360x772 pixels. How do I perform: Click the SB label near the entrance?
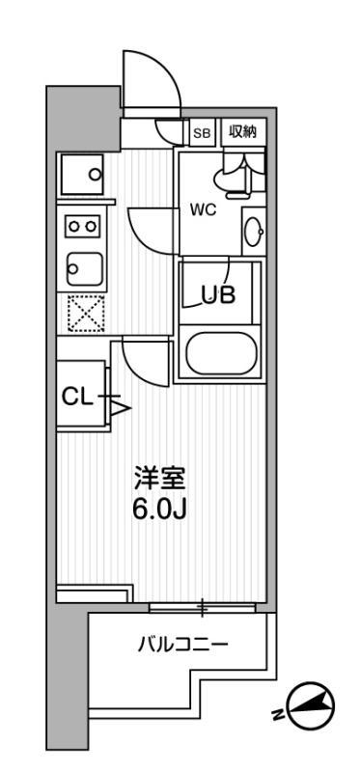pos(203,133)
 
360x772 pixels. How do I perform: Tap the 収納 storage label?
pos(242,133)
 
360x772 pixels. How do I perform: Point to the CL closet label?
pos(76,396)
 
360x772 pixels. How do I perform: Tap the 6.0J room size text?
pos(159,509)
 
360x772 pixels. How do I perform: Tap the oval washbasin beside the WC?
pos(254,231)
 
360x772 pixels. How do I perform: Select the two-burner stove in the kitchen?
pos(81,225)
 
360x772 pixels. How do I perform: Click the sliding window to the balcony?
pos(203,608)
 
